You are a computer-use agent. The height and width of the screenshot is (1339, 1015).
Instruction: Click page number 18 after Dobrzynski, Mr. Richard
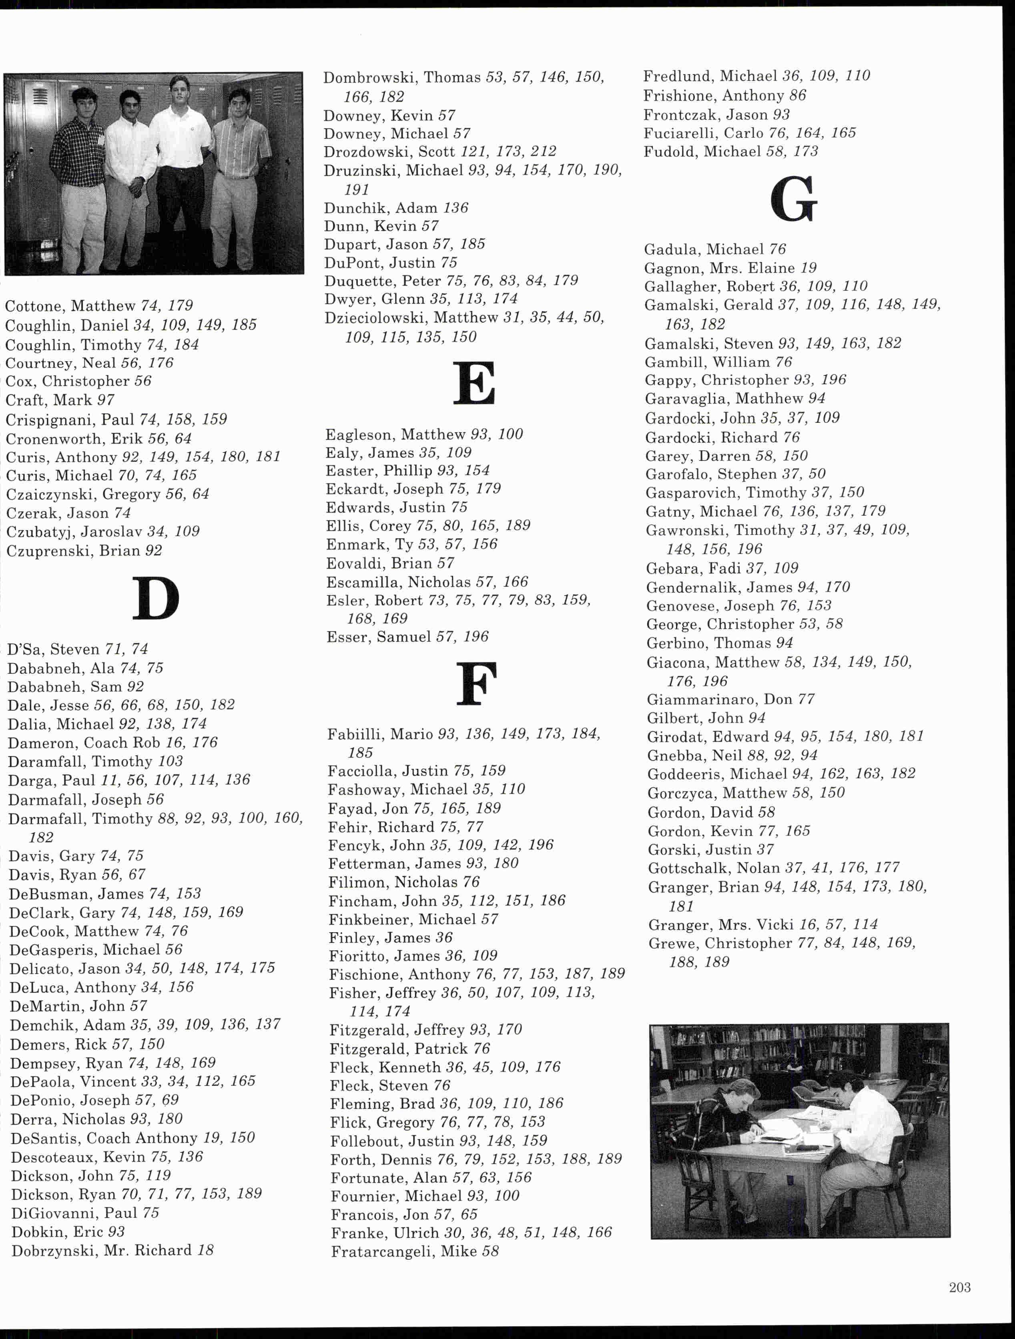206,1250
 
